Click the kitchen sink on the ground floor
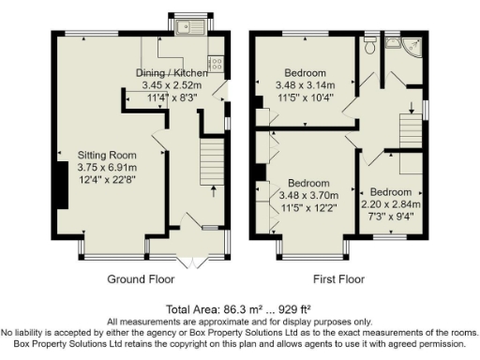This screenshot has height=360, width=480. [x=180, y=27]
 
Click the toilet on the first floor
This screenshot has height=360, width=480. [x=371, y=44]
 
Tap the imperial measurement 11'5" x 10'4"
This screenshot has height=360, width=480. [x=306, y=97]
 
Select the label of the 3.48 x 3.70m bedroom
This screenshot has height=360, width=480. [x=307, y=182]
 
